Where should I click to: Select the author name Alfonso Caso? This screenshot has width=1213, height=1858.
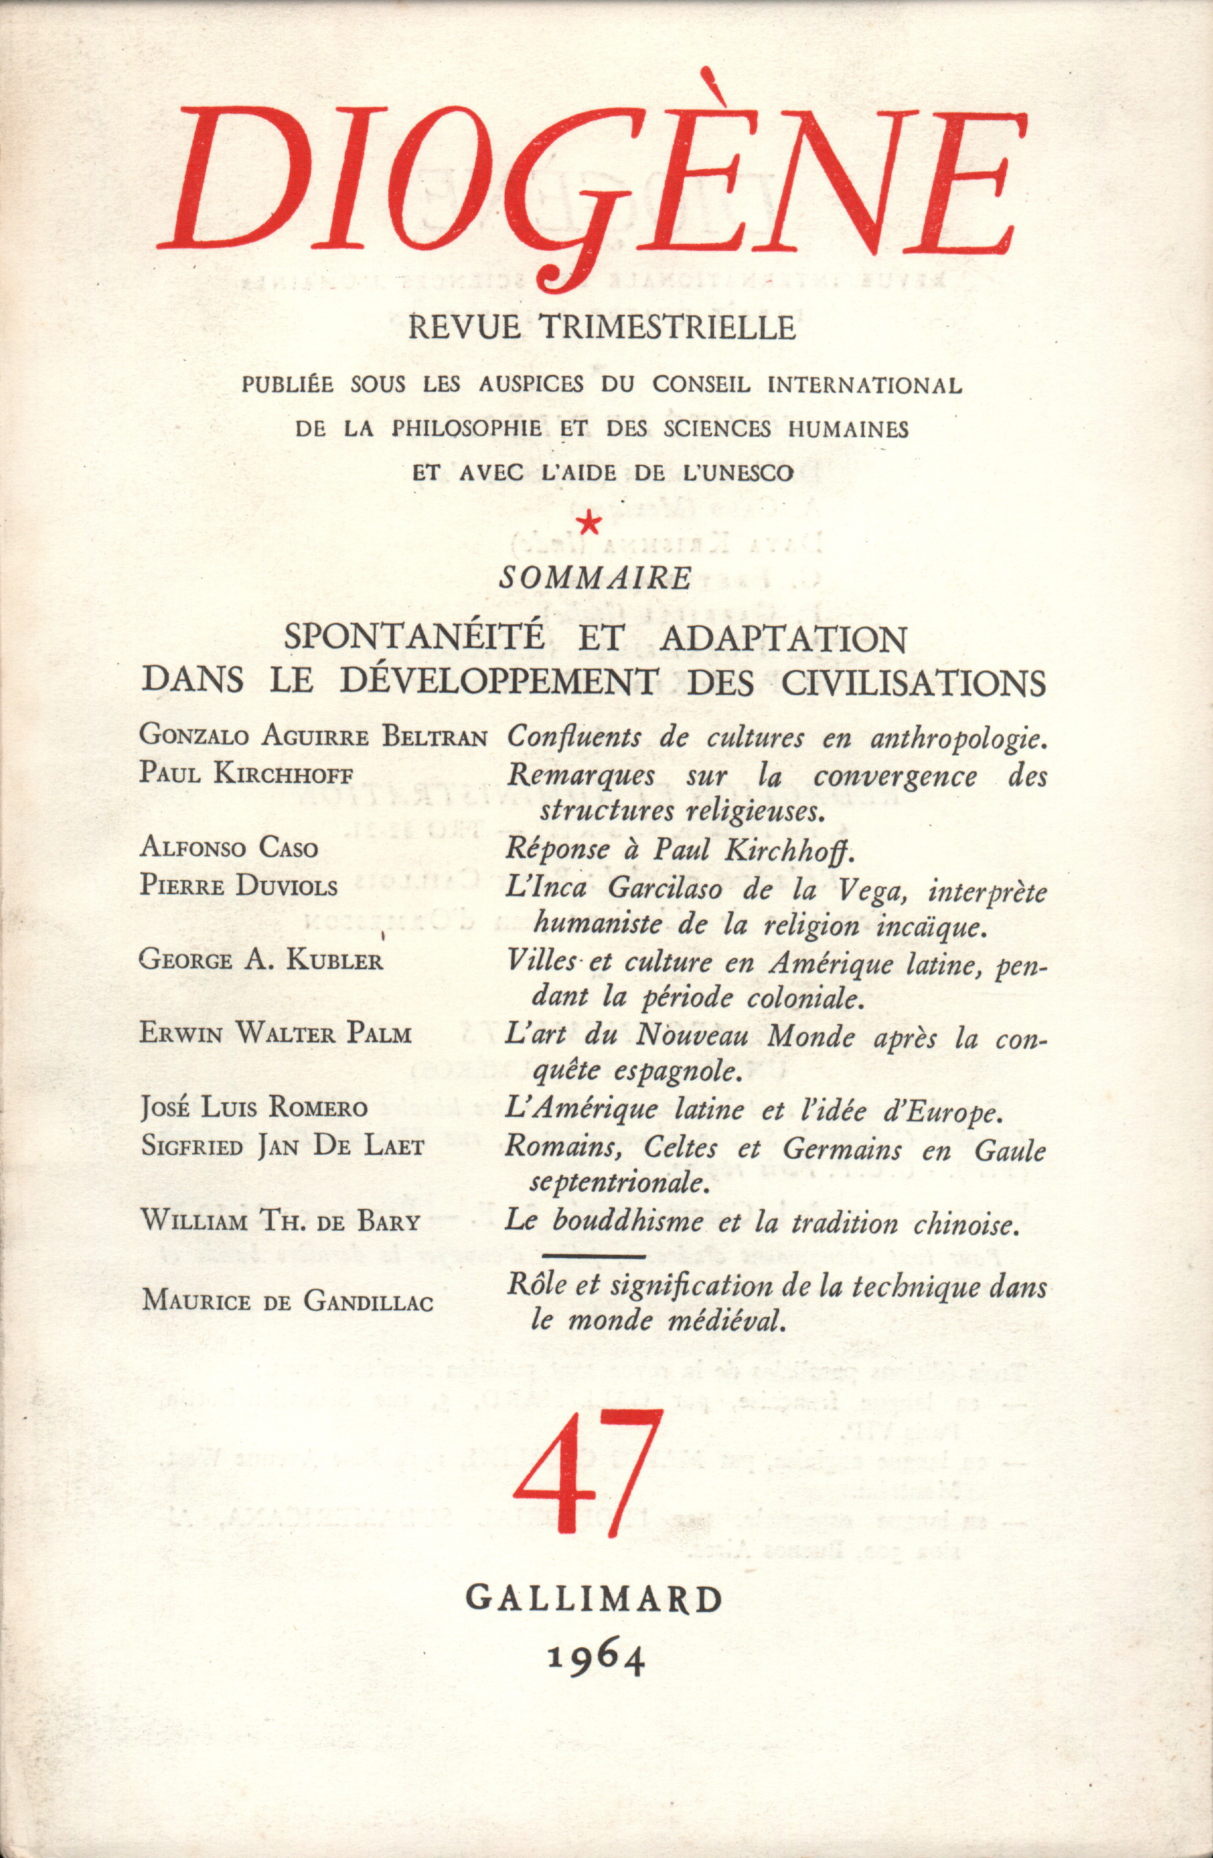point(228,849)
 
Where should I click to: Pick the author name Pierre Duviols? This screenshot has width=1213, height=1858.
point(239,887)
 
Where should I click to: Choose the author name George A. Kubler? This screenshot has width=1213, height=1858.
point(261,961)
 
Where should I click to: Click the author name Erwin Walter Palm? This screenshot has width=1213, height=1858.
point(276,1035)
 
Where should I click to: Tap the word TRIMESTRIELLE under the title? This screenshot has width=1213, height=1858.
point(662,327)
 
